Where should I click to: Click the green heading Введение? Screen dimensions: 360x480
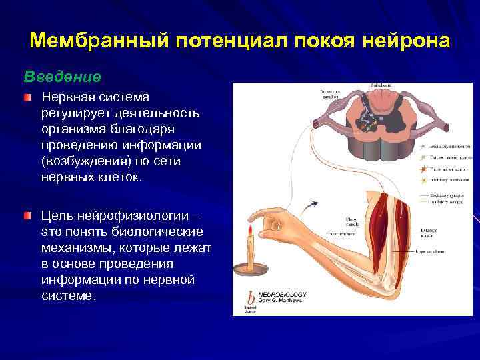63,77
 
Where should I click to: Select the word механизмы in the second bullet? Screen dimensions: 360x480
74,248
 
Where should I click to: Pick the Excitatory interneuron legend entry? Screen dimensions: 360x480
451,145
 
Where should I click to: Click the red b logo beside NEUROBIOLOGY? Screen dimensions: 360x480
250,296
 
